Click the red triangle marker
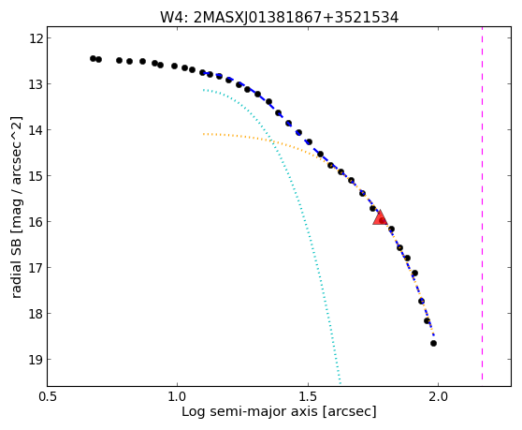(380, 217)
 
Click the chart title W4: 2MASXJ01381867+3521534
(280, 18)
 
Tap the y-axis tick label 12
(36, 38)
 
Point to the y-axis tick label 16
(36, 222)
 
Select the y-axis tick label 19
(36, 360)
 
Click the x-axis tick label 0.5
(48, 397)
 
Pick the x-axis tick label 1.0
(178, 397)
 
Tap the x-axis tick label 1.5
(309, 397)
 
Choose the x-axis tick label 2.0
(439, 397)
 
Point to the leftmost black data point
(93, 58)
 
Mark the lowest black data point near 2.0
(433, 343)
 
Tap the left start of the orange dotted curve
(203, 134)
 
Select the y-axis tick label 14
(36, 130)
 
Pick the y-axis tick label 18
(36, 314)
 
